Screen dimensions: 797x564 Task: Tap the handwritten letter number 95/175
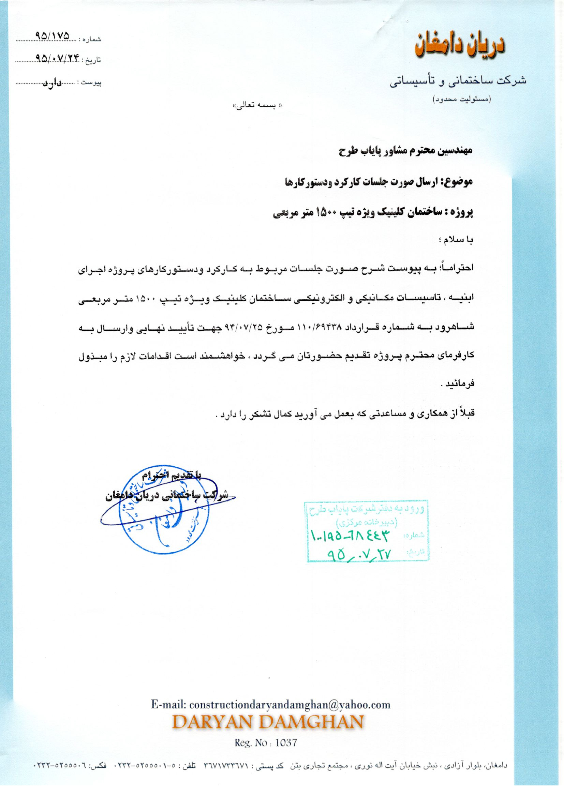pos(53,36)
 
